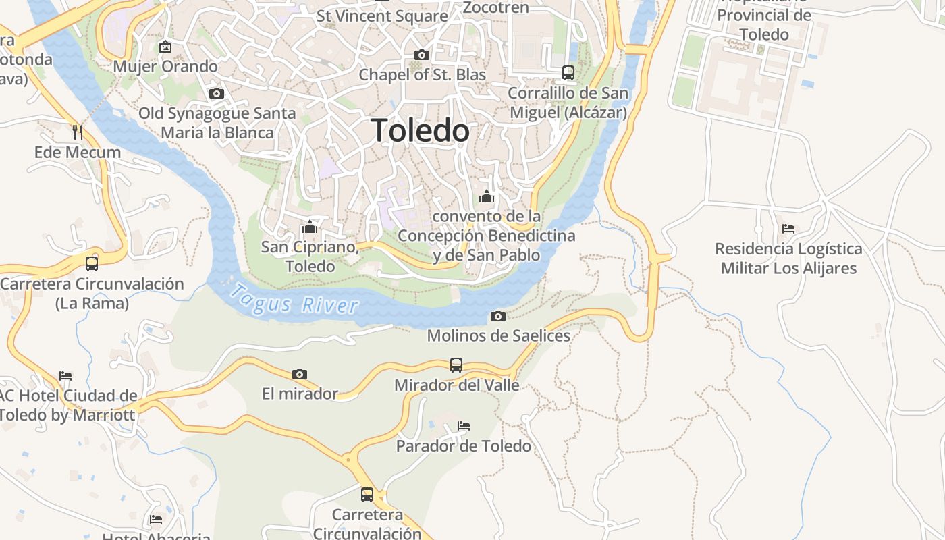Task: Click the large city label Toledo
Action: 420,130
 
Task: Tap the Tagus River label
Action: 294,300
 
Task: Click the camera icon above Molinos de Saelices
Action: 497,316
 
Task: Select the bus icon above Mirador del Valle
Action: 456,365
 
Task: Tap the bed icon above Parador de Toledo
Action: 463,426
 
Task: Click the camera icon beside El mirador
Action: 300,374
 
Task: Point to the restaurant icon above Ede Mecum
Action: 78,132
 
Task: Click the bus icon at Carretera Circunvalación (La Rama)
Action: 92,263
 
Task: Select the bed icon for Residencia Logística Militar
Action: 788,229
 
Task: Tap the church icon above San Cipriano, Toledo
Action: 310,227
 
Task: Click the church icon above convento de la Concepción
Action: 485,196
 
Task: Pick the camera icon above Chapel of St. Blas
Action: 422,55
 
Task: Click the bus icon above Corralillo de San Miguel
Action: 568,72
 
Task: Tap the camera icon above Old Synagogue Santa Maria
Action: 217,93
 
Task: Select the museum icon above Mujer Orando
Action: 165,47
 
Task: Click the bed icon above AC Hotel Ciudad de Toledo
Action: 65,375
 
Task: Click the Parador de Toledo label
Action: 463,446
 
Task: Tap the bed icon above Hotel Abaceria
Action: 156,519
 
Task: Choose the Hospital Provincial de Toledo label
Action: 764,24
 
